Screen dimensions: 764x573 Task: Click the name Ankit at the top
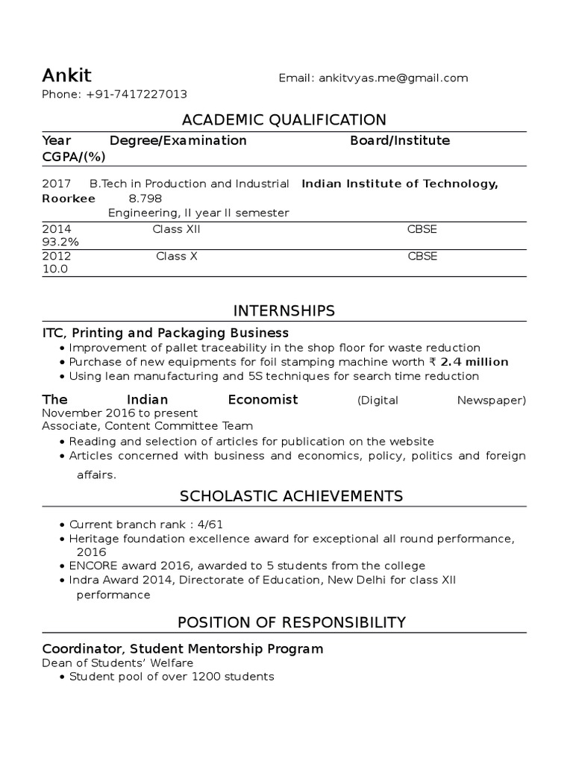click(x=66, y=75)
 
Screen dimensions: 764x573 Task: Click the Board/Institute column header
click(x=400, y=140)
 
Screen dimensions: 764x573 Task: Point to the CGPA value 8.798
click(x=145, y=198)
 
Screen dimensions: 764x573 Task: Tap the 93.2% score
click(x=60, y=242)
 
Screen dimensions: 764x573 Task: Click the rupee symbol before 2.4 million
click(x=432, y=362)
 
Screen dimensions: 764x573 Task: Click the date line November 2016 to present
click(x=119, y=413)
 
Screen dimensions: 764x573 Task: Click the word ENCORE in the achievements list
click(x=91, y=566)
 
